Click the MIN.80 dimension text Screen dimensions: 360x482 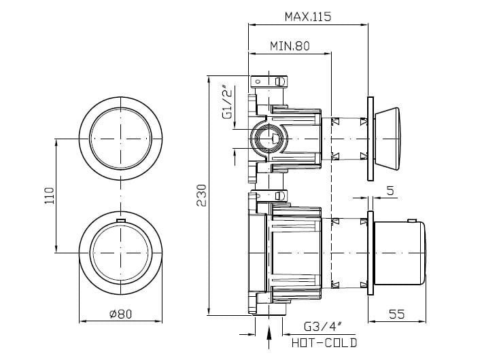290,46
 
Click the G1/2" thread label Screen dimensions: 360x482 227,103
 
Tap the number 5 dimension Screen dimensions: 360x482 390,191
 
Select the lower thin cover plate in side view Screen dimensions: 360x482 369,254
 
